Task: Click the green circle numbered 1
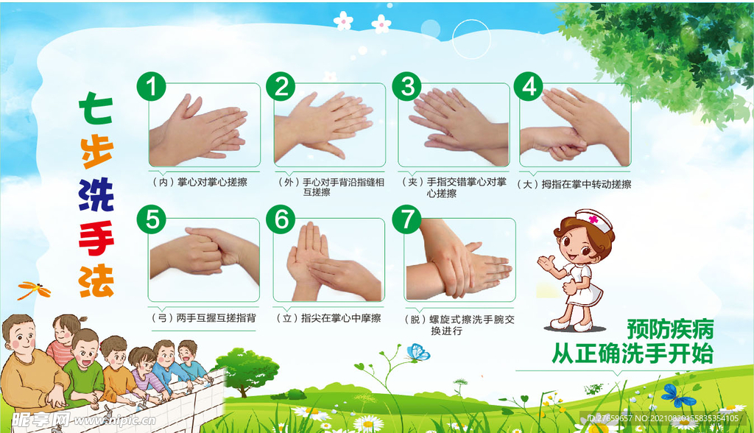[152, 87]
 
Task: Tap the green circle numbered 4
[528, 87]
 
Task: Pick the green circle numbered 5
[152, 219]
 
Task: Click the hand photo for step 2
[329, 125]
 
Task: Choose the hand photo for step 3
[454, 125]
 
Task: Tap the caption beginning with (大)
[574, 184]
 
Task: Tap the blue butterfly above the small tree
[417, 353]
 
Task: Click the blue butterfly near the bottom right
[677, 395]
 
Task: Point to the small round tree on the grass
[247, 367]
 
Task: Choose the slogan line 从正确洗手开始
[633, 354]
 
